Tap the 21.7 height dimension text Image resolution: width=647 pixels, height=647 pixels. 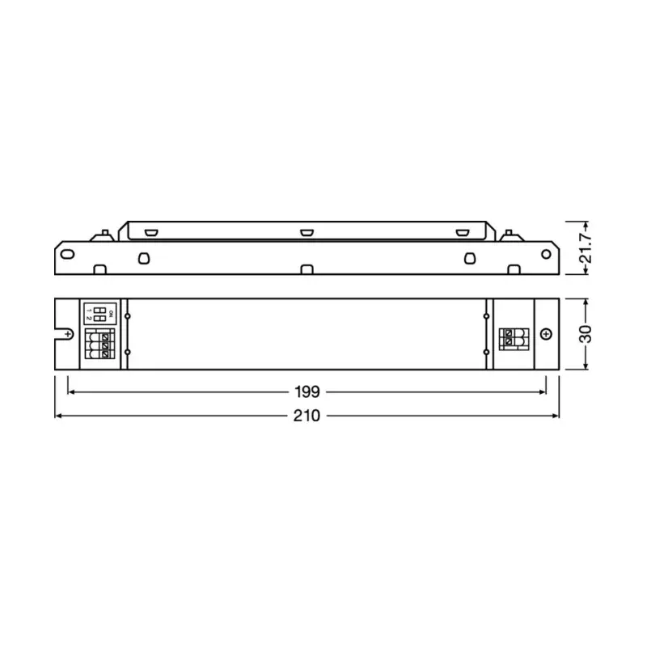tap(588, 247)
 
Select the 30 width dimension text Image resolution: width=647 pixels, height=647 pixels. tap(587, 334)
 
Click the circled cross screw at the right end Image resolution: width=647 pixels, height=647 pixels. tap(546, 334)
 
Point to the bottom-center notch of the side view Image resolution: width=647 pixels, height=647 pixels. tap(307, 269)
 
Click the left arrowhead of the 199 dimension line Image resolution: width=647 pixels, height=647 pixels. tap(71, 392)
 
